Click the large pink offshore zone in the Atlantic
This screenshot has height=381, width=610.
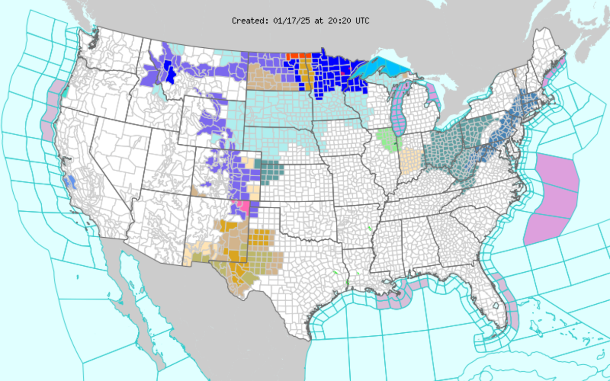tap(554, 198)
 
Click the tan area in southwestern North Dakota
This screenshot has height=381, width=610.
tap(264, 81)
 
